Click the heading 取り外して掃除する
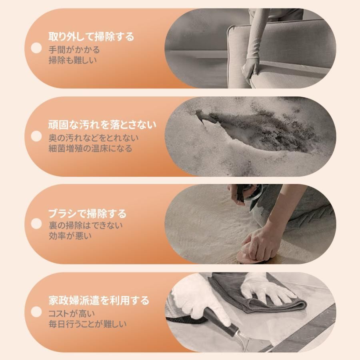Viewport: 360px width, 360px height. click(x=91, y=37)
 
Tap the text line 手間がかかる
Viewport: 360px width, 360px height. click(x=74, y=50)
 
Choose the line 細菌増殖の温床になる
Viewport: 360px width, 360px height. click(x=90, y=148)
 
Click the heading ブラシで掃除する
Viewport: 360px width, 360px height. click(x=87, y=213)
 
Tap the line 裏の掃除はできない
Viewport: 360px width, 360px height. click(x=86, y=226)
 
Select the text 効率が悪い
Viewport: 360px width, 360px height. click(x=70, y=236)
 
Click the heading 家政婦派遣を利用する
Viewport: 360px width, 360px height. click(x=98, y=300)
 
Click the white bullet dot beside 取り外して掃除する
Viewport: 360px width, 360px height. click(x=36, y=48)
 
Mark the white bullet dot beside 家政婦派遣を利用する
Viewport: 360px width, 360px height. click(x=36, y=312)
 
